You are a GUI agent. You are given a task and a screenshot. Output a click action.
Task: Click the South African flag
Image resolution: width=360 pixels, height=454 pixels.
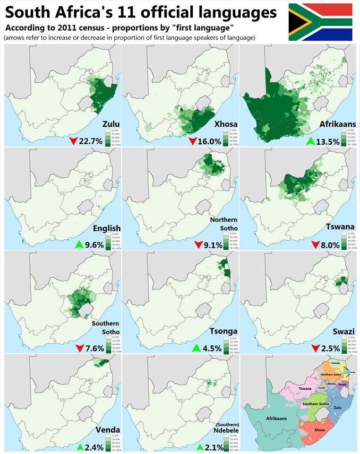pos(320,22)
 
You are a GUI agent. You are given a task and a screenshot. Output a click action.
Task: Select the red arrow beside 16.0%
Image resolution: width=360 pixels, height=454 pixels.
pos(193,141)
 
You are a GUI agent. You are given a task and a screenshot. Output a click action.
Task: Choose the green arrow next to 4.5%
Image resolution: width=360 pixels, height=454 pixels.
pos(197,349)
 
